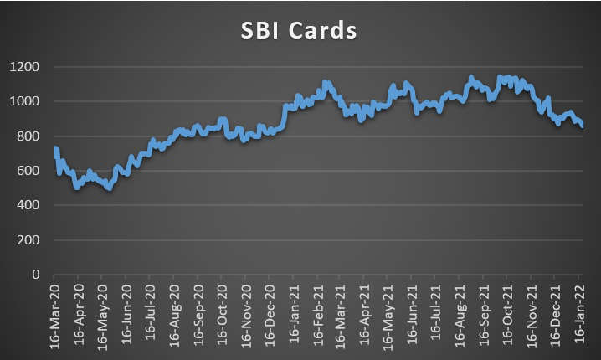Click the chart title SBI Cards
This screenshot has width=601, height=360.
pos(299,30)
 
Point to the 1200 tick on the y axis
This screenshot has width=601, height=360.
pos(24,67)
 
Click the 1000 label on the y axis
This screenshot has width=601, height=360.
pos(24,101)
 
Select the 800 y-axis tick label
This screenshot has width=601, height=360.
pos(28,136)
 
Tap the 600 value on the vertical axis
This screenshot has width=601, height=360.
pos(28,171)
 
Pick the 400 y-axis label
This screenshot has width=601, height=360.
pos(28,205)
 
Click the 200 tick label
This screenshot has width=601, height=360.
pos(28,240)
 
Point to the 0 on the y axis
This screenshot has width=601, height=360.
pos(36,275)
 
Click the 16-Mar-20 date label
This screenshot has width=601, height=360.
pos(54,316)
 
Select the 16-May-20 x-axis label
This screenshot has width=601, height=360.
pos(102,316)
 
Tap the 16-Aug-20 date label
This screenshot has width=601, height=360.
pos(174,316)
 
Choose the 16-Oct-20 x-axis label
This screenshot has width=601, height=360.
pos(222,316)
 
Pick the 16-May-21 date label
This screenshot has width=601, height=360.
pos(388,316)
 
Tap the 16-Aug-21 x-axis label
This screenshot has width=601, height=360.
pos(460,316)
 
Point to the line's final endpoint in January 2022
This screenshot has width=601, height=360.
pos(582,126)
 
